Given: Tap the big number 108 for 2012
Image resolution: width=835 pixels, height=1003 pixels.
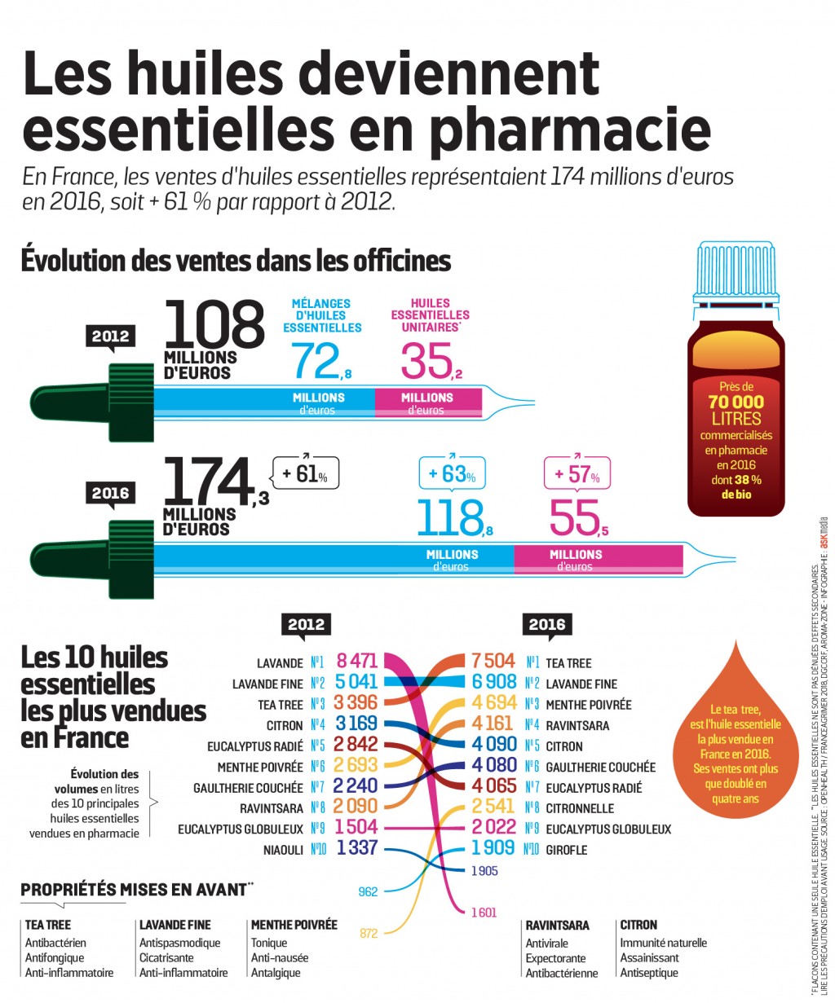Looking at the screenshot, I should click(214, 324).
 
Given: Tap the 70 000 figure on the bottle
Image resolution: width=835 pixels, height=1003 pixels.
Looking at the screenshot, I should click(736, 402).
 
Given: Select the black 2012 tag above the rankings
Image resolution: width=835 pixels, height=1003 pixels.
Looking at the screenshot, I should click(306, 625).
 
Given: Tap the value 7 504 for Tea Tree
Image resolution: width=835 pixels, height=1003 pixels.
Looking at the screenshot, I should click(493, 662).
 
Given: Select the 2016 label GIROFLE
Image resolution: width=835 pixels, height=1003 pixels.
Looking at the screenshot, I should click(566, 850).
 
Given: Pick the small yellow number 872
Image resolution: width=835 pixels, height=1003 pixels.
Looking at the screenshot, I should click(369, 933).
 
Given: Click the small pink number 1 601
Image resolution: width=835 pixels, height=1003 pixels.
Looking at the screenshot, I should click(484, 913).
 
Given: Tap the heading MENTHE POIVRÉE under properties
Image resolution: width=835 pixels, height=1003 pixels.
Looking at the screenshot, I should click(294, 925).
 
